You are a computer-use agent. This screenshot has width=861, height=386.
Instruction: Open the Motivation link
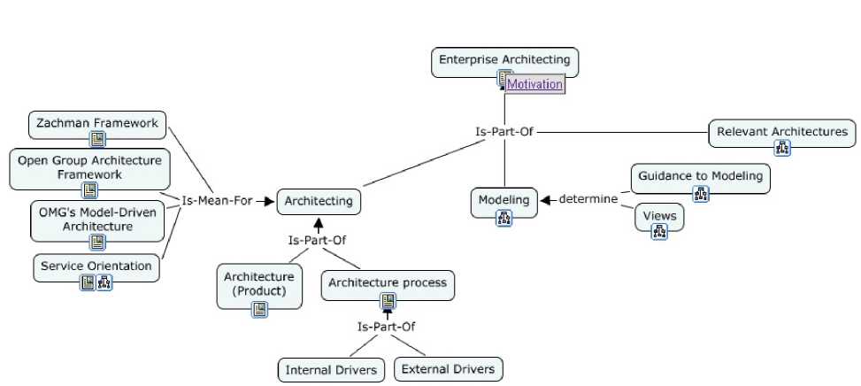(x=534, y=84)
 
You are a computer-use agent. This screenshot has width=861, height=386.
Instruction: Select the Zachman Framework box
(x=97, y=124)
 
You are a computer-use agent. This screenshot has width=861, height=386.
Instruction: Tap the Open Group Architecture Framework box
(x=89, y=166)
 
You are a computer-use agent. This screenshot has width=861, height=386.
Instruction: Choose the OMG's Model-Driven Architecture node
(x=97, y=219)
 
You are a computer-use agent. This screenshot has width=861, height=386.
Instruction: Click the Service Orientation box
(x=96, y=266)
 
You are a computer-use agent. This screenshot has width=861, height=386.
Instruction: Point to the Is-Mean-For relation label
(x=217, y=201)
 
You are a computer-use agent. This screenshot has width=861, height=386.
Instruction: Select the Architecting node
(x=319, y=201)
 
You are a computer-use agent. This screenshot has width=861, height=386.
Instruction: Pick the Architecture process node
(x=388, y=283)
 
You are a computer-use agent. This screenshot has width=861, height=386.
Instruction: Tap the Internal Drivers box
(x=331, y=370)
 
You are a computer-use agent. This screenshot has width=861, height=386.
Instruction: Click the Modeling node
(x=504, y=200)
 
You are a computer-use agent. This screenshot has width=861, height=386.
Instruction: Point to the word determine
(x=588, y=199)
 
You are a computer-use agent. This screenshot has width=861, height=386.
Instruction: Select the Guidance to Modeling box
(x=700, y=176)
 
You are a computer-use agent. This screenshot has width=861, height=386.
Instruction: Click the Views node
(x=659, y=215)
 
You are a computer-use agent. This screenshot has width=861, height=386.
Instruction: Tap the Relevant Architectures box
(x=781, y=132)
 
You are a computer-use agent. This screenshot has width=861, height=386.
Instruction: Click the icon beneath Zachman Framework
(x=97, y=139)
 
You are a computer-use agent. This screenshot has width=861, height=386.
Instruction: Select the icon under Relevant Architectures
(x=782, y=148)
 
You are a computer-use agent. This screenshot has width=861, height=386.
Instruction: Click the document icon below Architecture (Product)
(x=259, y=309)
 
